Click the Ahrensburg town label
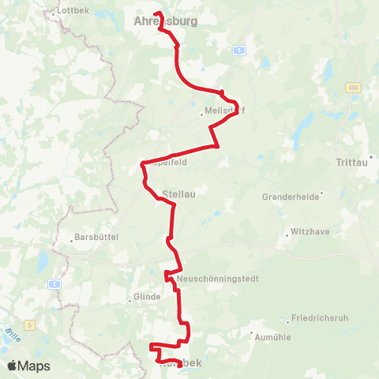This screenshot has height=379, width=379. point(166,21)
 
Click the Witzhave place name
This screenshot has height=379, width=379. point(310,234)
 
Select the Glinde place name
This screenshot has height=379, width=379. point(148,297)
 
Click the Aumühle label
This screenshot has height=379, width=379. point(272,336)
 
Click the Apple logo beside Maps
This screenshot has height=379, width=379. point(12,366)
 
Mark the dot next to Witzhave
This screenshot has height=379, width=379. point(287,235)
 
